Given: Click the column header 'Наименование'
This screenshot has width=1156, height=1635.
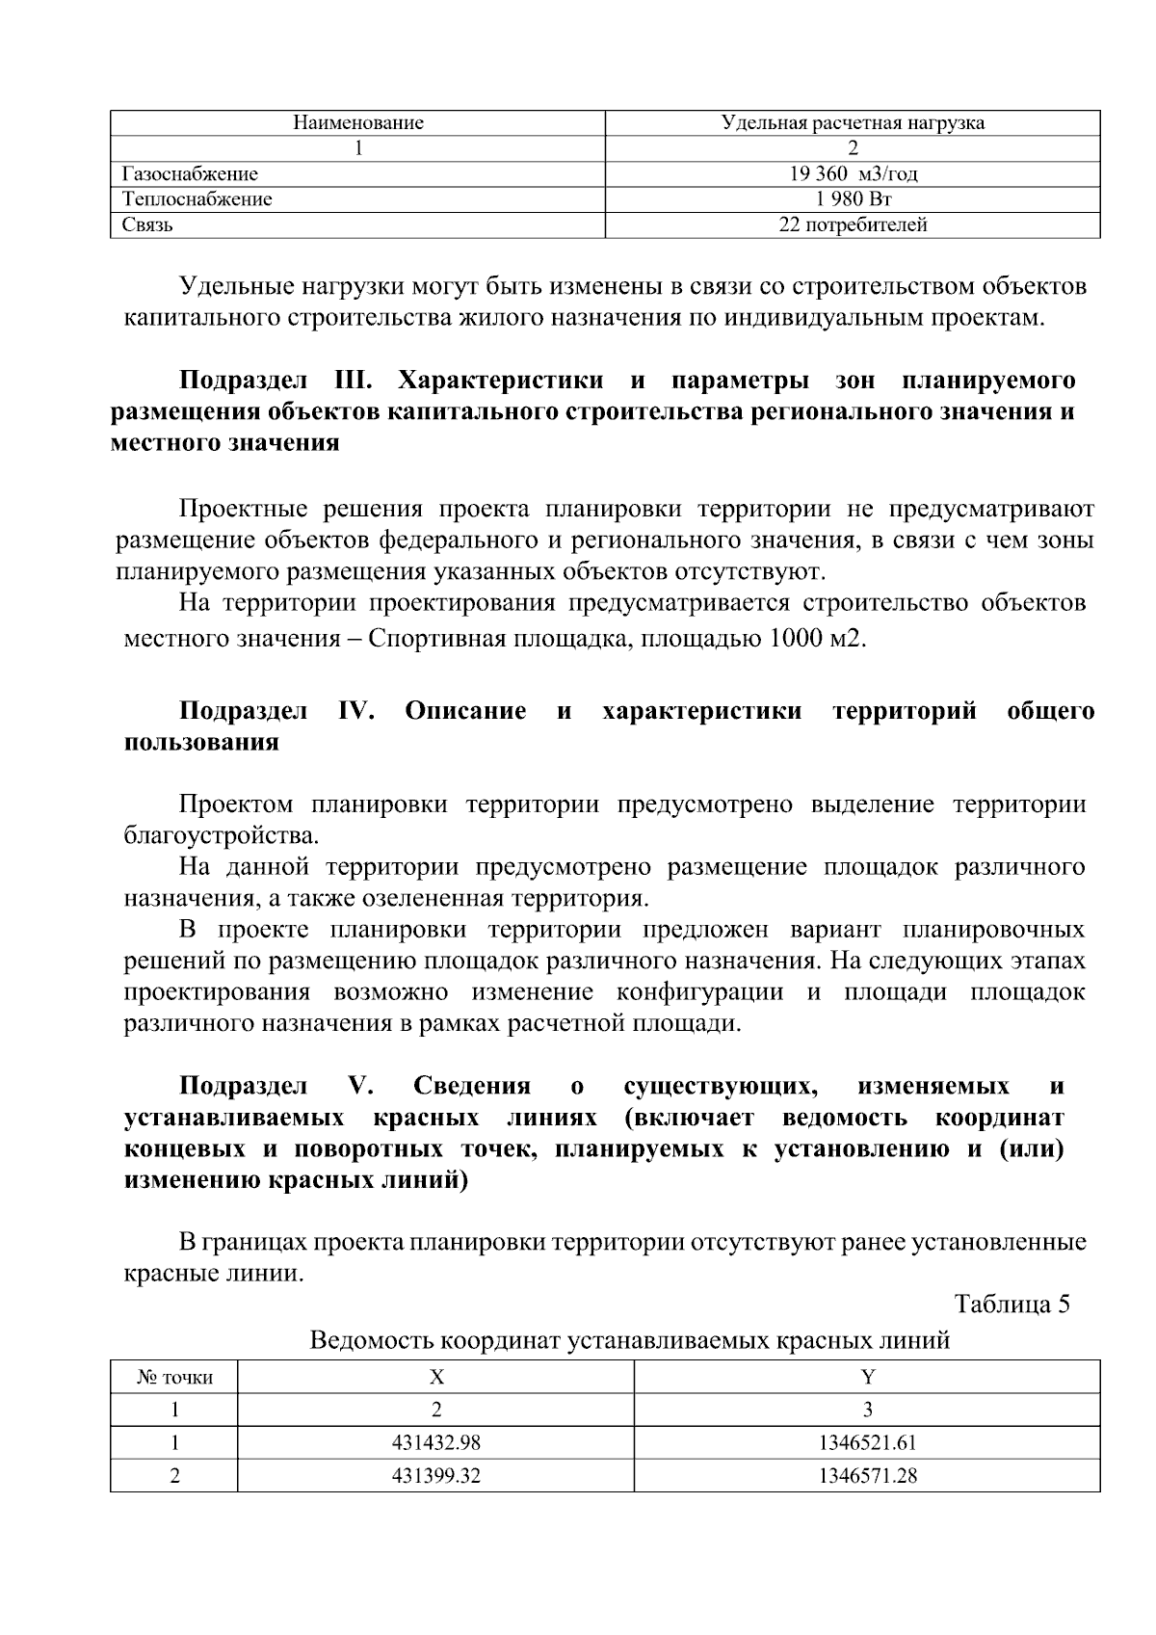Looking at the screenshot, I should (x=358, y=123).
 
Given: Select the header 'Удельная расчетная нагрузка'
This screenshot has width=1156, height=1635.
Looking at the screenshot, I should (x=853, y=123).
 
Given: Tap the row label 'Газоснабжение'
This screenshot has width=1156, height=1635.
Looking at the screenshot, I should (x=191, y=174).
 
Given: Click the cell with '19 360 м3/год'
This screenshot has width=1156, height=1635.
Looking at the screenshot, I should (x=853, y=174).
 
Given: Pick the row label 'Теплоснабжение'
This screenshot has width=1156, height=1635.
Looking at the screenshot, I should (x=197, y=199).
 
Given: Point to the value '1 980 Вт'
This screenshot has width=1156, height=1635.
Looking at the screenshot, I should (x=853, y=199).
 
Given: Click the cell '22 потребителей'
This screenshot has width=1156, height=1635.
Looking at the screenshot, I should (x=853, y=225).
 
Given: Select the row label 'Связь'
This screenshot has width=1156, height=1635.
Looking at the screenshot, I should (x=147, y=225).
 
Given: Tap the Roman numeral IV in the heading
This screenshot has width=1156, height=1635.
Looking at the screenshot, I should (x=356, y=711).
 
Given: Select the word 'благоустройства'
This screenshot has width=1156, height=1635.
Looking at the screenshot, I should (x=221, y=834).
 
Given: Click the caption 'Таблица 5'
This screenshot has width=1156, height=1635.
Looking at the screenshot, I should (x=1011, y=1305).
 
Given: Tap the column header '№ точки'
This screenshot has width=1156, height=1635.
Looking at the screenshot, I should (x=174, y=1378).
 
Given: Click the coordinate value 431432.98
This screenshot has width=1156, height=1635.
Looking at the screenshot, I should (x=435, y=1443).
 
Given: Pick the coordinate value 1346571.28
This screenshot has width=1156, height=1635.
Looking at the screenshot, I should (x=867, y=1475).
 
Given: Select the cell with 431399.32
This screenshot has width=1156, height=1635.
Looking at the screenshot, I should (x=435, y=1475).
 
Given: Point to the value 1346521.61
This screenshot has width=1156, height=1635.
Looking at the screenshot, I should (x=867, y=1443).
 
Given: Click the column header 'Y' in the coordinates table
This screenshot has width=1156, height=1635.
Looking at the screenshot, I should (x=867, y=1378).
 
